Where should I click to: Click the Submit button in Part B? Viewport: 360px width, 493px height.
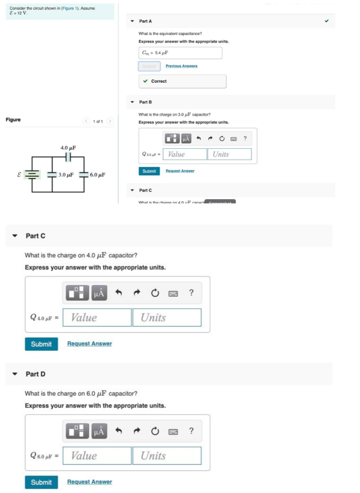coord(149,171)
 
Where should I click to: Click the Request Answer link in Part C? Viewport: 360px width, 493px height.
coord(89,343)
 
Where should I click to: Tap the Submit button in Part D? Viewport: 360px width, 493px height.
coord(41,482)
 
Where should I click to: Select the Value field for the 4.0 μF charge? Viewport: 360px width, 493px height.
coord(97,318)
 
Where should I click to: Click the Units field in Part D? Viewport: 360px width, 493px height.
coord(167,456)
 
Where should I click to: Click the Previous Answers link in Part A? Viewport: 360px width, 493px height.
coord(181,66)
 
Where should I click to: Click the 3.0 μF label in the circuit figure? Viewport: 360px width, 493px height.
coord(66,175)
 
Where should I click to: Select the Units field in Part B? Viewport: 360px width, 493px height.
coord(229,154)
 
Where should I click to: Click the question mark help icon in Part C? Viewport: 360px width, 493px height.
coord(191,293)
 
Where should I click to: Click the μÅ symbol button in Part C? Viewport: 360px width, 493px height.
coord(99,293)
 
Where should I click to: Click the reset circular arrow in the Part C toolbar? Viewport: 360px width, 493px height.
coord(154,293)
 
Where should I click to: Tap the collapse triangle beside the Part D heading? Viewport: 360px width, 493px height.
coord(15,374)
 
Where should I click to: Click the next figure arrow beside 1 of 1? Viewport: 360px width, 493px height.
coord(110,121)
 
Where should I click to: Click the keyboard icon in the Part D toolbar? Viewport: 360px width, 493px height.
coord(173,432)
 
